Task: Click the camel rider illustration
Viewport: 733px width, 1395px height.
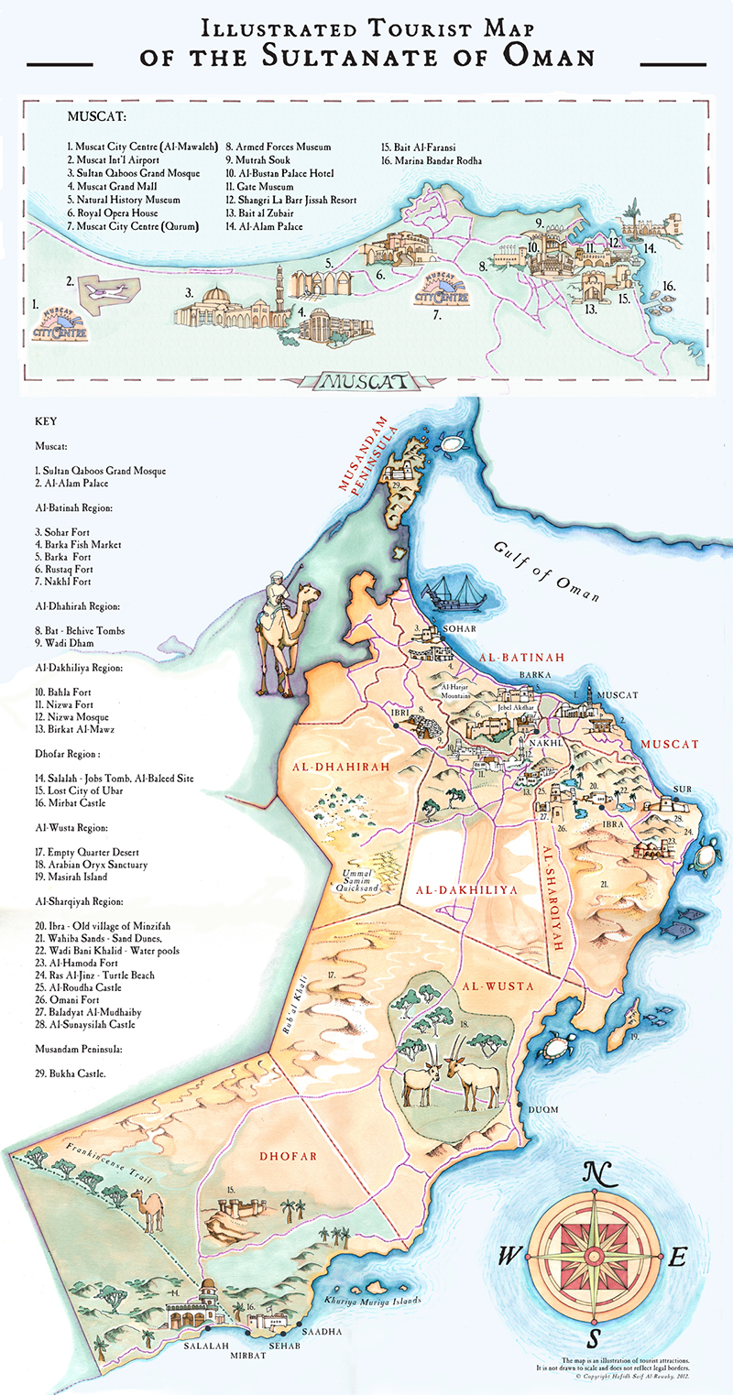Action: click(x=278, y=623)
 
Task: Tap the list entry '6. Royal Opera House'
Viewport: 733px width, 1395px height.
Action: click(x=112, y=213)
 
